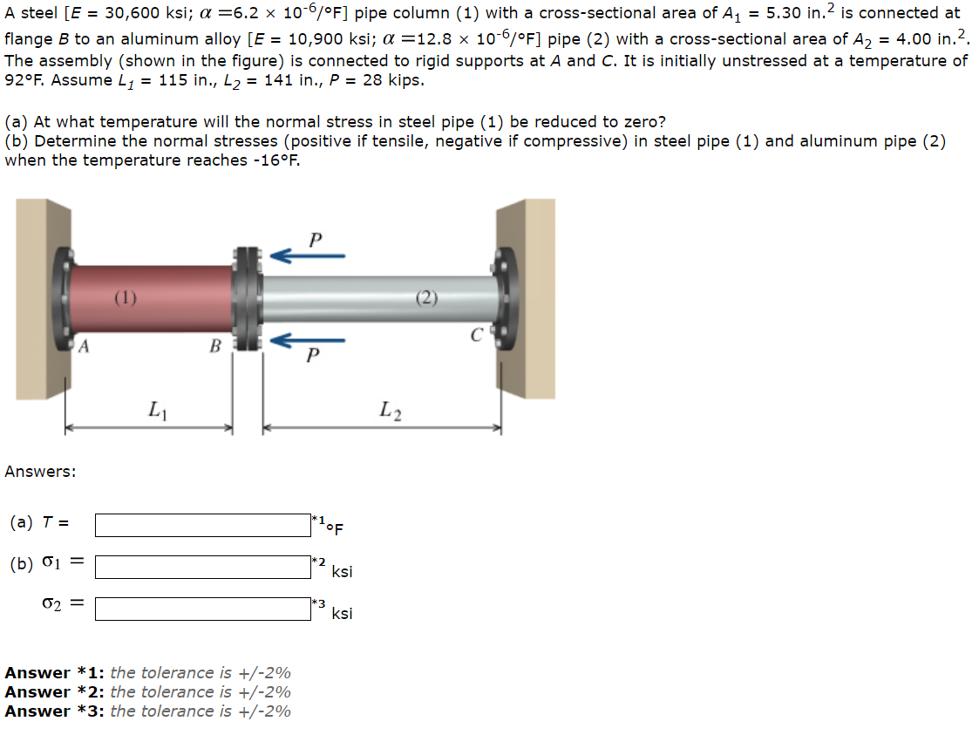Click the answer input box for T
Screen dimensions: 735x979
202,525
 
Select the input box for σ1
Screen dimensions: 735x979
202,567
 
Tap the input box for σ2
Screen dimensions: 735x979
202,608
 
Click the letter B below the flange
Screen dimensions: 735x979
214,346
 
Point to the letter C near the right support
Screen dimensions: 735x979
476,333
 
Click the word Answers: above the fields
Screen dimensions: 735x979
40,472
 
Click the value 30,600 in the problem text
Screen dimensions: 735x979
127,13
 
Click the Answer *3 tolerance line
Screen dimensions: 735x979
148,711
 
